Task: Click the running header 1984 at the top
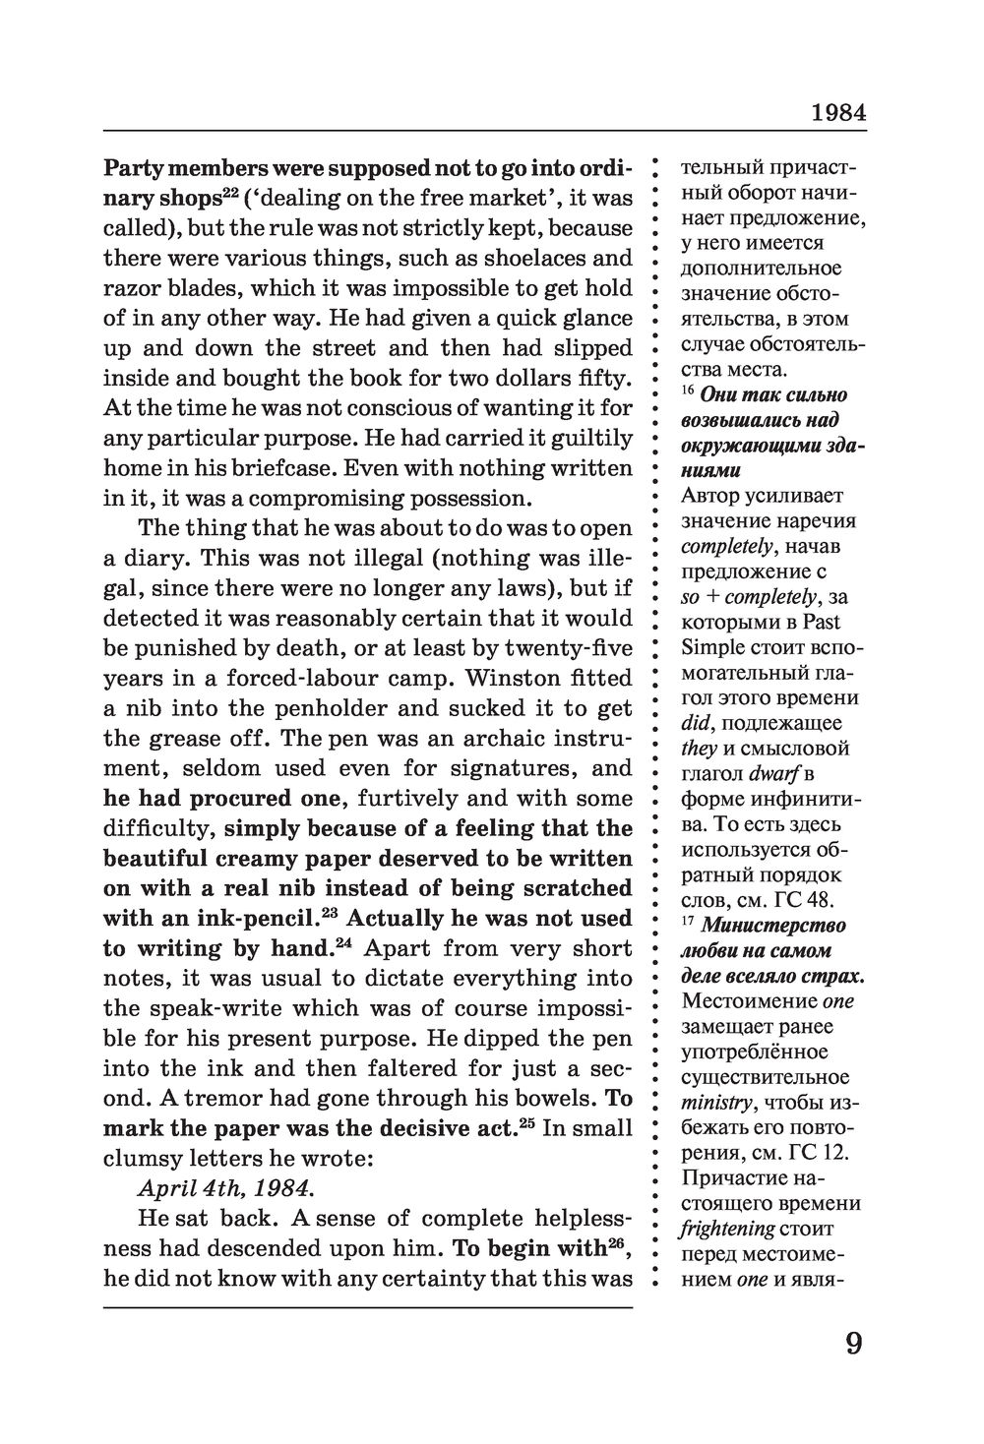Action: point(838,112)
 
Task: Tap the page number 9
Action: point(853,1342)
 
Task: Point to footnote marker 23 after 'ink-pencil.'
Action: point(330,914)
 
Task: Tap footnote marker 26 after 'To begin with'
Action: point(617,1243)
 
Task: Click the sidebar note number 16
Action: point(688,392)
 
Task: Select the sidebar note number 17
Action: point(688,923)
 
